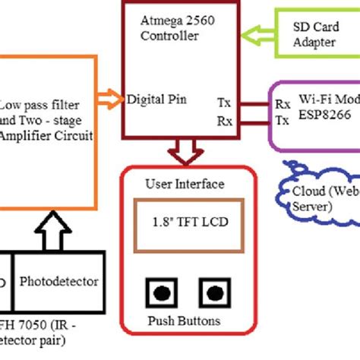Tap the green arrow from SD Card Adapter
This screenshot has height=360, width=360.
click(x=257, y=35)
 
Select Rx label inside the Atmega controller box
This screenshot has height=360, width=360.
click(x=225, y=120)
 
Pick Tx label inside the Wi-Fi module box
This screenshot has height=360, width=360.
click(x=282, y=120)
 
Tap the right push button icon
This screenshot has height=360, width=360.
click(x=211, y=293)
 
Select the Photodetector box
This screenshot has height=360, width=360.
click(x=58, y=281)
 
